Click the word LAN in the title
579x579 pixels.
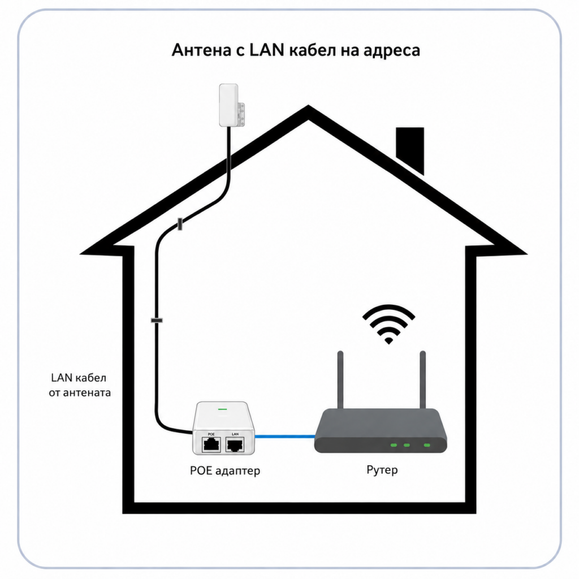267,50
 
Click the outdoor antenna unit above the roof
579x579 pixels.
228,105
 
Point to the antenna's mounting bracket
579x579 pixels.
241,114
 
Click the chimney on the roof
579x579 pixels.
410,149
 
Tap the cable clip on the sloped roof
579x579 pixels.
180,224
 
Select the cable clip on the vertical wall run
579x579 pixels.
157,320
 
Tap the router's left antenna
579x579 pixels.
340,379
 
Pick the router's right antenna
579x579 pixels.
423,379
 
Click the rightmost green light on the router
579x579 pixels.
427,445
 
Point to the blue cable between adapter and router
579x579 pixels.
285,437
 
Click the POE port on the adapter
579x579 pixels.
211,444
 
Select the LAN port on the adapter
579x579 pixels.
235,444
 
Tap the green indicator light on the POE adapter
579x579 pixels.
222,409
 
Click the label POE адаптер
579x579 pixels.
225,471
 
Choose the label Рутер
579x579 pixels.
382,470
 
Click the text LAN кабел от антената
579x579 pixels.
80,385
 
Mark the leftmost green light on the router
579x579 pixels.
394,445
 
